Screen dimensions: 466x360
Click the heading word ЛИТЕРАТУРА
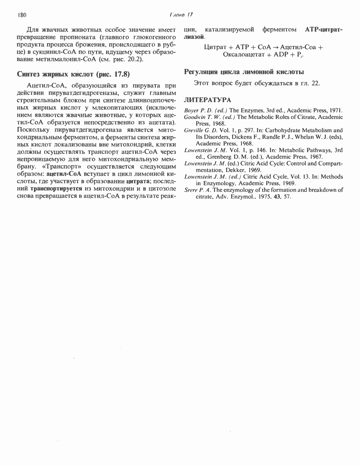(x=207, y=100)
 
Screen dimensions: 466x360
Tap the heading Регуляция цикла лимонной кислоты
(x=244, y=72)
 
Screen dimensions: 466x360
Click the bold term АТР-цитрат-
(x=323, y=29)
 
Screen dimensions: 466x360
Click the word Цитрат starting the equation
(x=215, y=47)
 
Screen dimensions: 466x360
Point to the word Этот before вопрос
(x=201, y=84)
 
